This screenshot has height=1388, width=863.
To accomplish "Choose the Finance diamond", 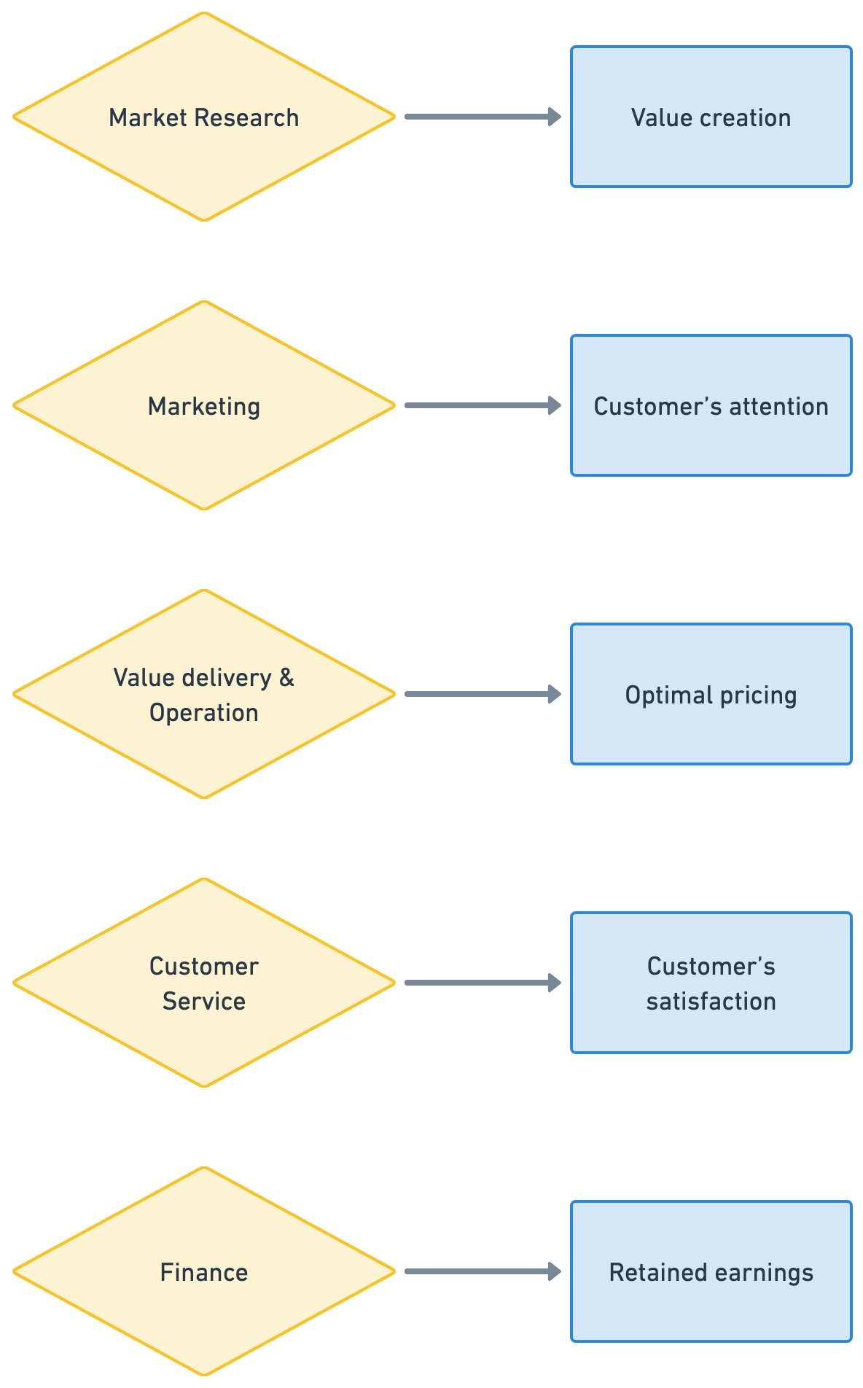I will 203,1312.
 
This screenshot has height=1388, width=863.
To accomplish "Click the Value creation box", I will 711,153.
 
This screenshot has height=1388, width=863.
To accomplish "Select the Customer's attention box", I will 711,445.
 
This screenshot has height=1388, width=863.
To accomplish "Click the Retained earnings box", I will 711,1309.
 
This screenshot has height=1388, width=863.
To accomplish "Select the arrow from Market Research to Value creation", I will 481,117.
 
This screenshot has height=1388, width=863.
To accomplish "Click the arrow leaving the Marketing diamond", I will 481,405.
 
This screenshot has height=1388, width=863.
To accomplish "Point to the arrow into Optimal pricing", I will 481,694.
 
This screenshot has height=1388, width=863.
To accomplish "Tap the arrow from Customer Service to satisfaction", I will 481,983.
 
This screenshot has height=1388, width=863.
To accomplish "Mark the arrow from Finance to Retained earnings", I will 481,1271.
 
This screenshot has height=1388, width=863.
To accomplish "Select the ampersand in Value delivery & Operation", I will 286,678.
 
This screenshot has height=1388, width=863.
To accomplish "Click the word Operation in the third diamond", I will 204,713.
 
